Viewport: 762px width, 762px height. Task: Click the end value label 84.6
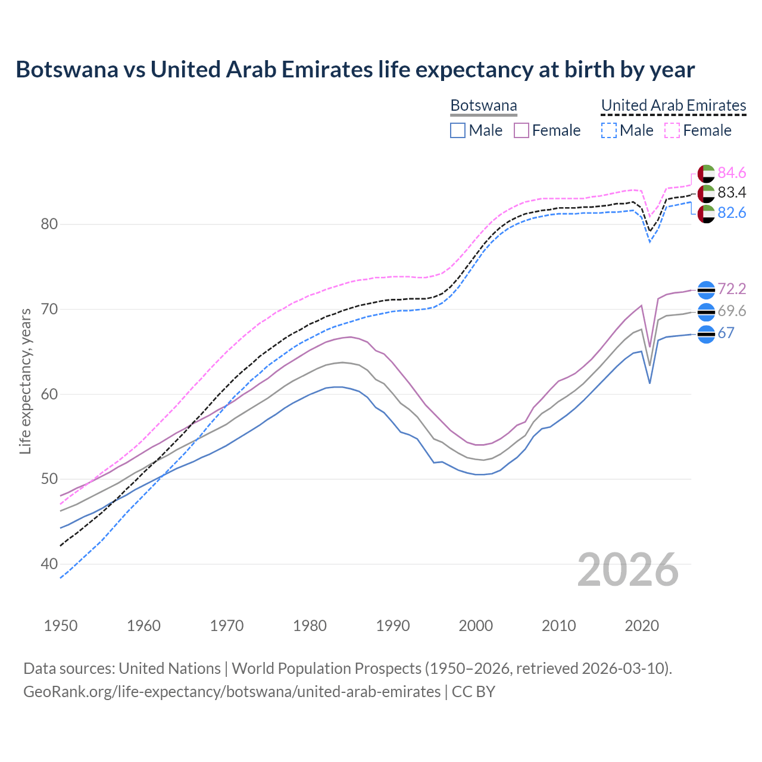coord(731,173)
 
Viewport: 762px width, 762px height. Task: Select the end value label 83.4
coord(731,193)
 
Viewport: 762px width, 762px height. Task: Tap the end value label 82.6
coord(731,213)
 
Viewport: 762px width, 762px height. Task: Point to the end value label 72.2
coord(731,289)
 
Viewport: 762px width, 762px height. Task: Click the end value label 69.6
coord(731,311)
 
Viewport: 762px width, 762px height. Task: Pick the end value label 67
coord(726,333)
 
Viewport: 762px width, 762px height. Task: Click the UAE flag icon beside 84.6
coord(705,173)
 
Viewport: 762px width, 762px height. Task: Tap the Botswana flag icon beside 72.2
coord(705,290)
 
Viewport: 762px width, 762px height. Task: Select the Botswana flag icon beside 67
coord(705,334)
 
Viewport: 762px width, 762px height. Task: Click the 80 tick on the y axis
coord(49,224)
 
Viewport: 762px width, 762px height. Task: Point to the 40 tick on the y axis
coord(49,564)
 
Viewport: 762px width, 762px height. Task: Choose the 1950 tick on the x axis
coord(61,626)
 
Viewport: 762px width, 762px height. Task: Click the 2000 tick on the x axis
coord(476,626)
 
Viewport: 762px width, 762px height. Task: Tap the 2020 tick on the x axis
coord(642,626)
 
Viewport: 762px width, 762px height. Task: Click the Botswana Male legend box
coord(457,130)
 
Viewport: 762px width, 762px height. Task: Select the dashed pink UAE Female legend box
coord(672,130)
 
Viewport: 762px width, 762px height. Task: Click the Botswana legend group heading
coord(483,105)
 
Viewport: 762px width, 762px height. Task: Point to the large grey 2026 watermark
coord(627,570)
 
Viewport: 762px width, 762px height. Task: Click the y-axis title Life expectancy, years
coord(26,381)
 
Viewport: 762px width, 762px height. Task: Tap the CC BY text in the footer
coord(473,692)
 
